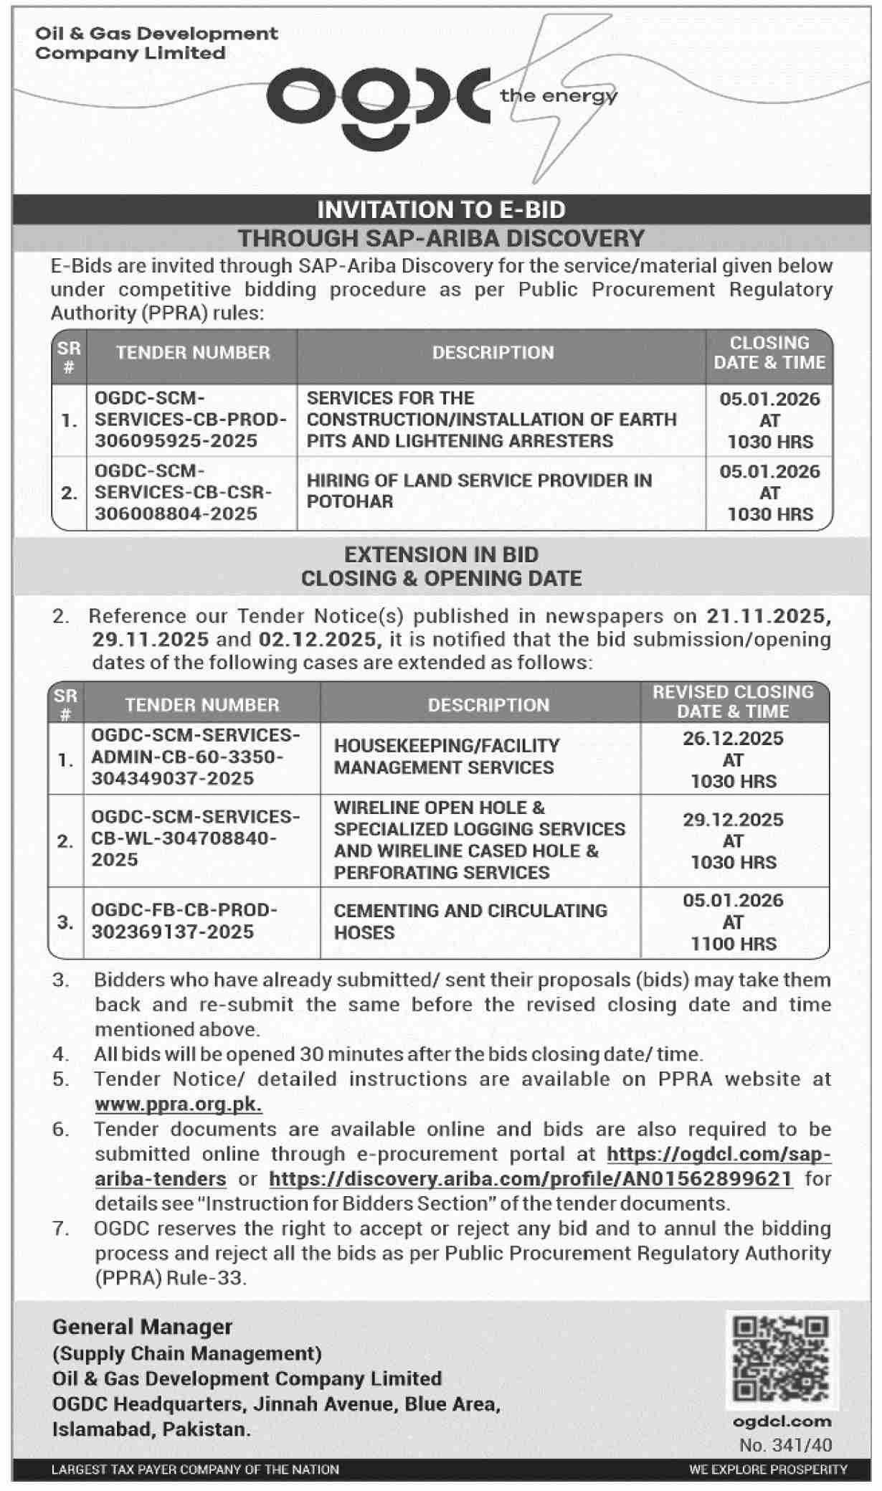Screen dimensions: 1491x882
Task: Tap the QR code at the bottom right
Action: [781, 1359]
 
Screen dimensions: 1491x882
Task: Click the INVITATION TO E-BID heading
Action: [441, 209]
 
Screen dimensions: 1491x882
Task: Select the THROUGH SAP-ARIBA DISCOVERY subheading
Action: [441, 238]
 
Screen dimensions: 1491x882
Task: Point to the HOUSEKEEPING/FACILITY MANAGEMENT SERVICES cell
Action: [446, 757]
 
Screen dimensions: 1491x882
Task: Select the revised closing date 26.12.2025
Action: [733, 739]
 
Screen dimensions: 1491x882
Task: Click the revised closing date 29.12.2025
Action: [733, 820]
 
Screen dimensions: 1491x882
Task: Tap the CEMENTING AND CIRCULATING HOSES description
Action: [470, 922]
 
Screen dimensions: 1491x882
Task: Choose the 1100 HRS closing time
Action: [733, 944]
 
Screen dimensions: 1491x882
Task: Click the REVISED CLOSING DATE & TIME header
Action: [733, 701]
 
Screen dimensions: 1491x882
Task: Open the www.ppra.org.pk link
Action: [178, 1104]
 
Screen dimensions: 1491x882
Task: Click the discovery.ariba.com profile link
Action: [531, 1179]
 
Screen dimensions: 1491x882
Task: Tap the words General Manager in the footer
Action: [142, 1327]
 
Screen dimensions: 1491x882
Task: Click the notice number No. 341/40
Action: [785, 1445]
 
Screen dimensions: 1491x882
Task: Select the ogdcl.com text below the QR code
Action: [782, 1421]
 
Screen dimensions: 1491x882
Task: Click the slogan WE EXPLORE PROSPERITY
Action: [768, 1469]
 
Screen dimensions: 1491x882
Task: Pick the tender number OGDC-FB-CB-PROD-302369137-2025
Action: [184, 921]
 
